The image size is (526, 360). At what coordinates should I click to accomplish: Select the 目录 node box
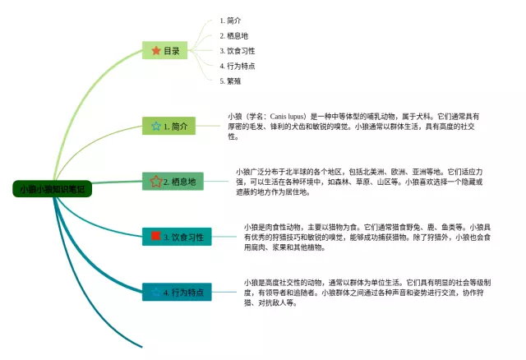(x=165, y=51)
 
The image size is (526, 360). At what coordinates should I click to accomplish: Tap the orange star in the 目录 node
(x=155, y=51)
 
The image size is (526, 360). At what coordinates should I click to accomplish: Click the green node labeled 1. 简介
(x=169, y=127)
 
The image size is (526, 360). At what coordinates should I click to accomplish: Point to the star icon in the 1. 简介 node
(x=155, y=127)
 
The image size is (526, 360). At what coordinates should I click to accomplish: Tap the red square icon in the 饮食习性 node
(x=156, y=237)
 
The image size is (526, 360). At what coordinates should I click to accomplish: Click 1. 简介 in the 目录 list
(x=230, y=20)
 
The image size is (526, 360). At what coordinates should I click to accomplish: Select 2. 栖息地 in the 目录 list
(x=233, y=35)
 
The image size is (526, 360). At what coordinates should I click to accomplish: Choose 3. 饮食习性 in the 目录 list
(x=237, y=50)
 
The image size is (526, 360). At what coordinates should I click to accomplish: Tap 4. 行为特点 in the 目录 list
(x=237, y=66)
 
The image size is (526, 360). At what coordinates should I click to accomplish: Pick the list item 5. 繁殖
(x=230, y=81)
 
